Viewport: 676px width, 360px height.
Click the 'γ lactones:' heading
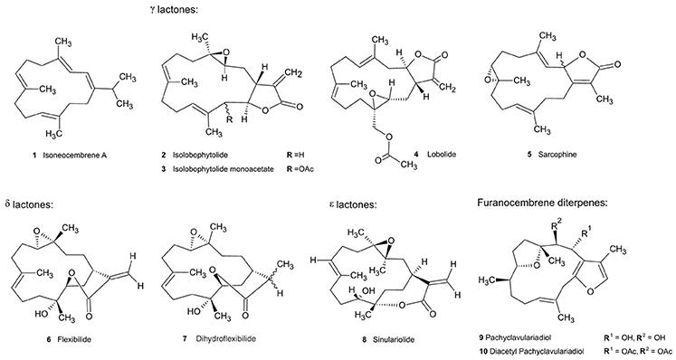click(x=174, y=9)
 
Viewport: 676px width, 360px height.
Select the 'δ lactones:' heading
click(x=28, y=204)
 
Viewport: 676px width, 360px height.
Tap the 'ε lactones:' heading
click(x=352, y=204)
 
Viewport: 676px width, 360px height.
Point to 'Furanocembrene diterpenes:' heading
click(x=542, y=203)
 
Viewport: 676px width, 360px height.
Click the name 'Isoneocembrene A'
click(x=74, y=156)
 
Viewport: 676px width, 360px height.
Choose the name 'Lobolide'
click(x=442, y=155)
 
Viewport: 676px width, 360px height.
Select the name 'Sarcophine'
click(x=557, y=155)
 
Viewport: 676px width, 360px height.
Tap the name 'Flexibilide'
click(x=74, y=339)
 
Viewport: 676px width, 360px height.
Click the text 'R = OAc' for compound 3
click(x=300, y=169)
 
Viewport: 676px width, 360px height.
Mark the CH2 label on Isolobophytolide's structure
click(x=293, y=72)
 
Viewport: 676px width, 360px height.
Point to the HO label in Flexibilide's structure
click(x=42, y=314)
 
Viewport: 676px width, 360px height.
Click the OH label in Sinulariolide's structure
click(x=369, y=291)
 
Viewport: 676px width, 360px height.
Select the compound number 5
click(x=529, y=155)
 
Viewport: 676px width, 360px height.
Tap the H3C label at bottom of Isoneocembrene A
click(x=54, y=134)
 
